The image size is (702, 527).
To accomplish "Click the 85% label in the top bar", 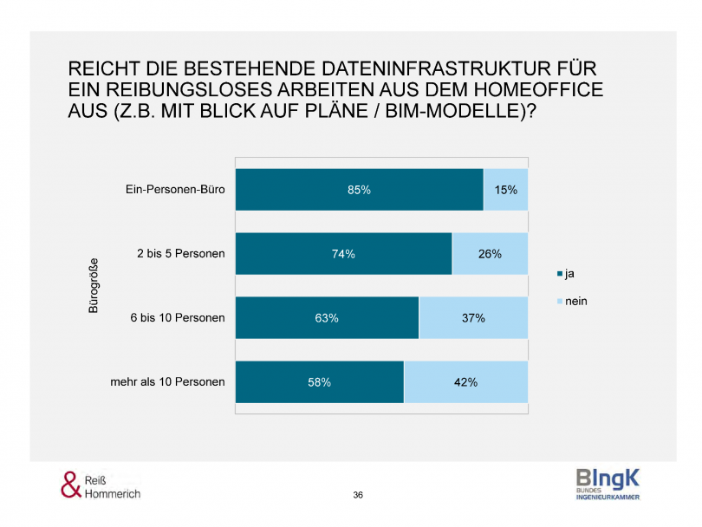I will click(359, 190).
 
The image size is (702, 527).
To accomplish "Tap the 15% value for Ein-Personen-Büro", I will click(505, 190).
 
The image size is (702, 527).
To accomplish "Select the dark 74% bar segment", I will click(343, 254).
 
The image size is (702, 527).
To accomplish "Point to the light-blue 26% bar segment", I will click(490, 254).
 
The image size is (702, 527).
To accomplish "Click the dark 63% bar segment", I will click(327, 318).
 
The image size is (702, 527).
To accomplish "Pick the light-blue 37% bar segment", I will click(473, 318).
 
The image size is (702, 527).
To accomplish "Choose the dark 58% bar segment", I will click(319, 382).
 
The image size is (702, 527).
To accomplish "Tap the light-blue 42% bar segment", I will click(465, 382).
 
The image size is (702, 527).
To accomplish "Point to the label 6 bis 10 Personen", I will click(178, 318).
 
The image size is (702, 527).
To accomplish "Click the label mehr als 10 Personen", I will click(167, 382).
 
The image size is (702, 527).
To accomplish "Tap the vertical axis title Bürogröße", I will click(94, 286).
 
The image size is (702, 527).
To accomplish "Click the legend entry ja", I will click(569, 275).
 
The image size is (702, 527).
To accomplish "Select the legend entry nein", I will click(576, 301).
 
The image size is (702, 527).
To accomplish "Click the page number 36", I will click(358, 495).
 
